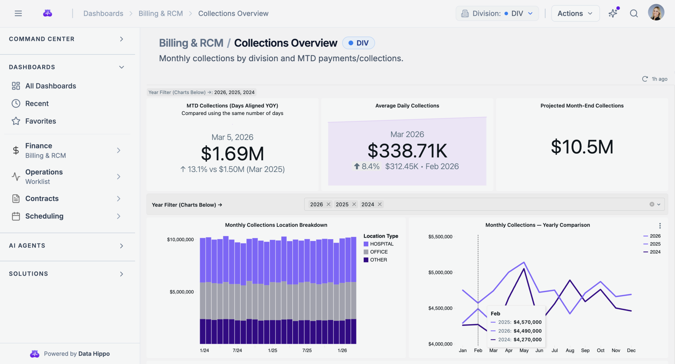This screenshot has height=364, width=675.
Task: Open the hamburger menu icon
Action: (x=18, y=13)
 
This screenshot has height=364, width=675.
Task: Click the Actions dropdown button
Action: (x=575, y=13)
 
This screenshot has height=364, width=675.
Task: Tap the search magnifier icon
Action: (x=634, y=13)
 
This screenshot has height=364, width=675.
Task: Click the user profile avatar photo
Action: (x=656, y=13)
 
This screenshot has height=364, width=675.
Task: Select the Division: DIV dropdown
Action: (x=497, y=13)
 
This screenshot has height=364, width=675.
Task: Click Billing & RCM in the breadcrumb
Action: (x=160, y=13)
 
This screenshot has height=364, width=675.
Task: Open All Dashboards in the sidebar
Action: (x=50, y=86)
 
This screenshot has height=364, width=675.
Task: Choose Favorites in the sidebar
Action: (x=40, y=121)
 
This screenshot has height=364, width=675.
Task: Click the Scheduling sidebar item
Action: (x=44, y=216)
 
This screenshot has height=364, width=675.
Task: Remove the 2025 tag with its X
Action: (x=354, y=204)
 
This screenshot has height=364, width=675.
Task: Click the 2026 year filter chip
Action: (x=316, y=204)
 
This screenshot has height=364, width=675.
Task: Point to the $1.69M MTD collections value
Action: (x=232, y=154)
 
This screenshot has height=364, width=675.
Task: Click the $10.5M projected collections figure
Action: (x=582, y=147)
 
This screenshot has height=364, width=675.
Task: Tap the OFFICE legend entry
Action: (x=378, y=252)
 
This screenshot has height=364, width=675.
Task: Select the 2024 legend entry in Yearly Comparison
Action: (x=655, y=252)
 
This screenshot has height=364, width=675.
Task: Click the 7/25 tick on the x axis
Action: (x=307, y=350)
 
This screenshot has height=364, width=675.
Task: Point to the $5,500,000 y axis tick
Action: (x=440, y=237)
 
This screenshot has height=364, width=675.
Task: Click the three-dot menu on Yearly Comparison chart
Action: (x=660, y=226)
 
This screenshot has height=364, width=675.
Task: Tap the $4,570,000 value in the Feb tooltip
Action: (x=527, y=322)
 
